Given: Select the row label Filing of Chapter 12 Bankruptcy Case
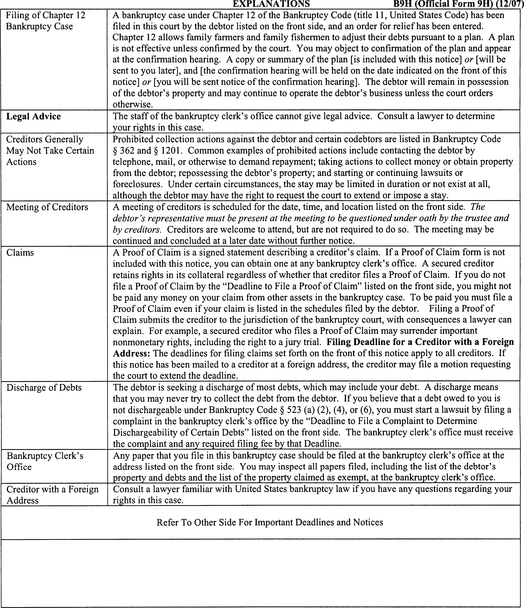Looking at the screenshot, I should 45,21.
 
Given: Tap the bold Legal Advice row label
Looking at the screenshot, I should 34,117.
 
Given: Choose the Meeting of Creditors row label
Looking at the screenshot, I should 47,207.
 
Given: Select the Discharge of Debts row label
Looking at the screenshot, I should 44,388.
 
